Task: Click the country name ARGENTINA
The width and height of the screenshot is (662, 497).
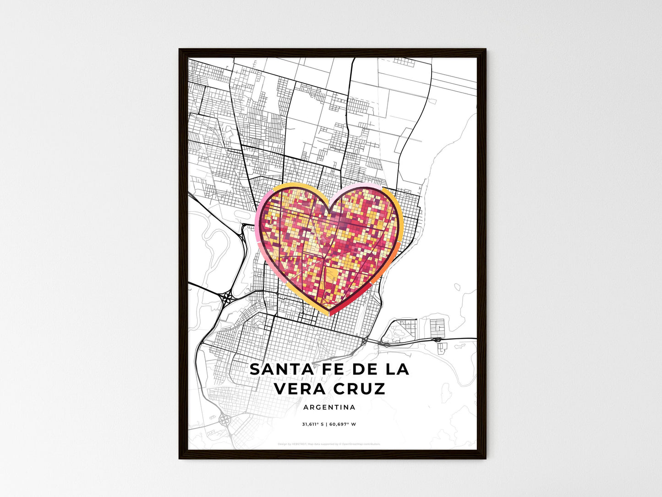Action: point(329,407)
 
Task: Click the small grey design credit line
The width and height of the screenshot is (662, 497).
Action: point(329,444)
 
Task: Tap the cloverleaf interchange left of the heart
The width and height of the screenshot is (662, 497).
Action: point(226,299)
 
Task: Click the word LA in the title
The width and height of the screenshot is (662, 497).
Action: point(398,370)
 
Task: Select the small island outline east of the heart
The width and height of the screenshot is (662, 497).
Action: point(457,287)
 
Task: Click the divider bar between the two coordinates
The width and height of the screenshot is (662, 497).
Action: point(326,424)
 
